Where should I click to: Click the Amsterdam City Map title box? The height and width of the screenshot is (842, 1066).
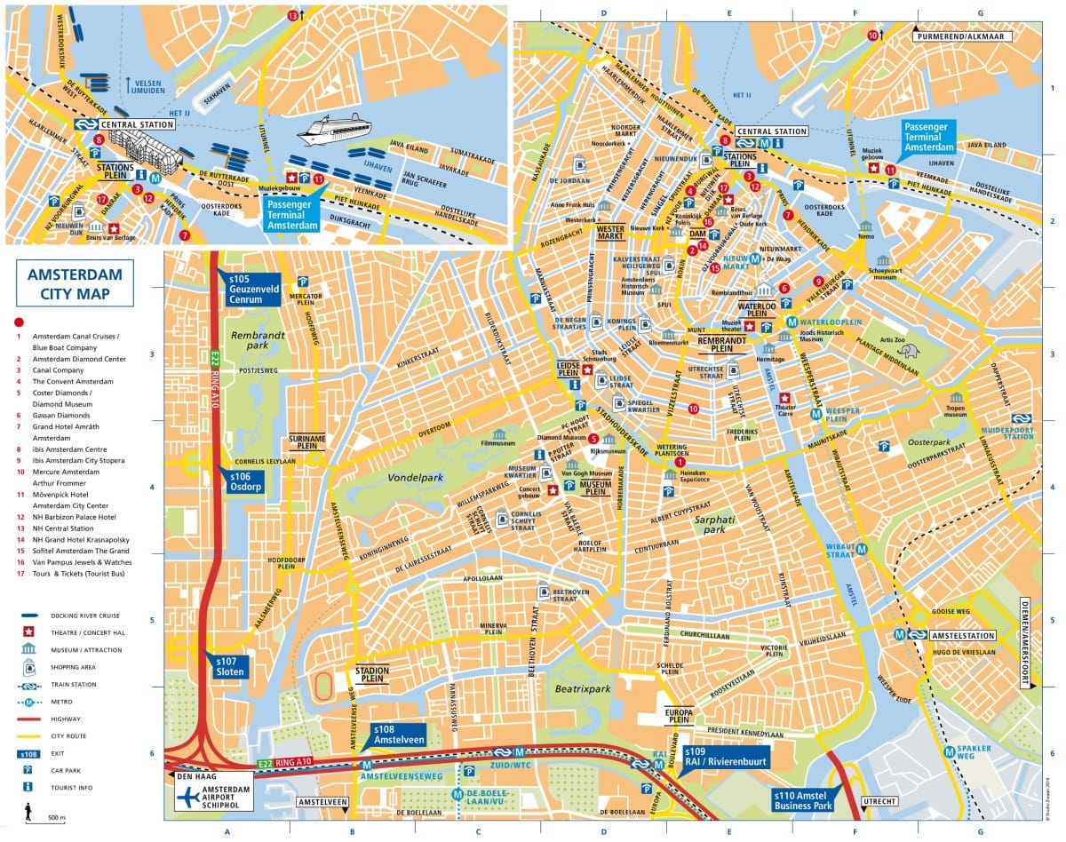pyautogui.click(x=75, y=282)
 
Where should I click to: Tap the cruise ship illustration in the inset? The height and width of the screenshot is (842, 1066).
pyautogui.click(x=334, y=129)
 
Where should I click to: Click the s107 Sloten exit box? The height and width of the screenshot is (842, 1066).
pyautogui.click(x=234, y=666)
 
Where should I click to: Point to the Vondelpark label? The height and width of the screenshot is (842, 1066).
pyautogui.click(x=414, y=478)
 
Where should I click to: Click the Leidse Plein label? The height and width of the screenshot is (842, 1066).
pyautogui.click(x=569, y=369)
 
